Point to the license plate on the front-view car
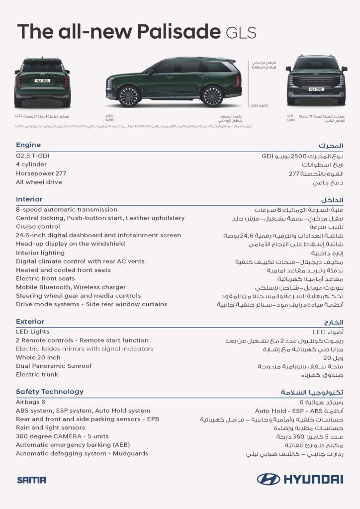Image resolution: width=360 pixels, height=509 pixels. pos(316,89)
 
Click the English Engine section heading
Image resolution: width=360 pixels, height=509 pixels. pos(28,145)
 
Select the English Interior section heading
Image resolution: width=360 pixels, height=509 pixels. pos(29,199)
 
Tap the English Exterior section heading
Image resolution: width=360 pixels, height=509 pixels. pos(30,322)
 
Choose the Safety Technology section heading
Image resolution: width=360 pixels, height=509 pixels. pos(50,392)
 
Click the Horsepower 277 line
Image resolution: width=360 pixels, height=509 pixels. pos(41,173)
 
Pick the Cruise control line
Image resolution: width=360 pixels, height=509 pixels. pos(38,227)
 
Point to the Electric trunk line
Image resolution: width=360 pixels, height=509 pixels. pos(37,374)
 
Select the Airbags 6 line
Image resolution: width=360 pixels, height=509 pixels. pos(30,402)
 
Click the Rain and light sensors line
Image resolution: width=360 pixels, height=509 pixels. pos(50,427)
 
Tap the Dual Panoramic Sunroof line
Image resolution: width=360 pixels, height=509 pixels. pos(54,366)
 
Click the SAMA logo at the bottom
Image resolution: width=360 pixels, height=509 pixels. pos(31,480)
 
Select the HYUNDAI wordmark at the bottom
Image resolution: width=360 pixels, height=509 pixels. pos(313,479)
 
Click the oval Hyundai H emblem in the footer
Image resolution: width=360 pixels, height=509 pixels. pos(269,479)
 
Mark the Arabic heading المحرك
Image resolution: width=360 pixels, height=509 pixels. pos(331,146)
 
